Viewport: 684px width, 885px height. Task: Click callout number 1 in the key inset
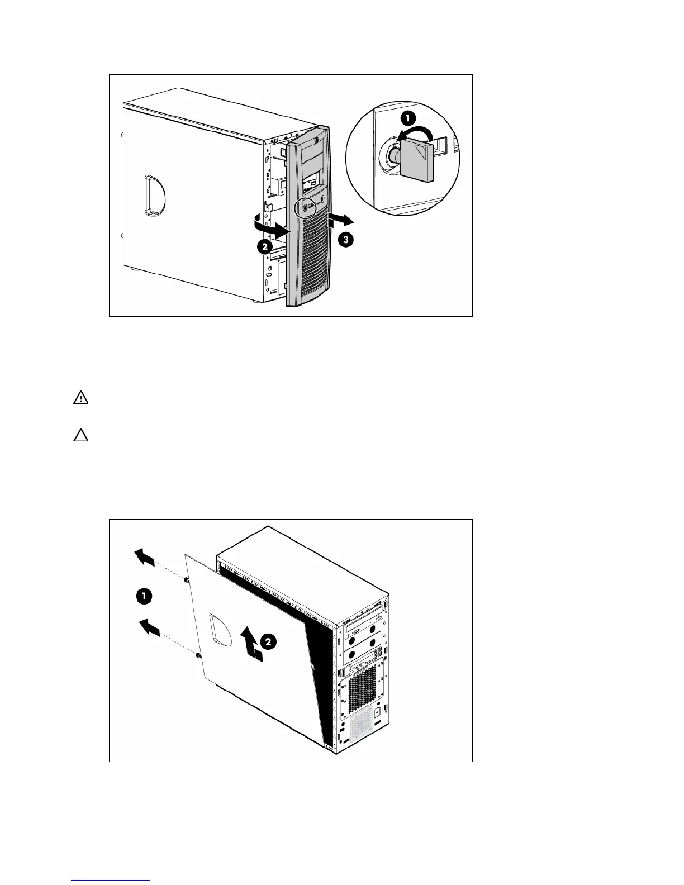(408, 118)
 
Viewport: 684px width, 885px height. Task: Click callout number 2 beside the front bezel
(264, 248)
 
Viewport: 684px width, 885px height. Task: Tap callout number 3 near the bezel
(345, 240)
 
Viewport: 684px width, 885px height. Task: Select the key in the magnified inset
(416, 161)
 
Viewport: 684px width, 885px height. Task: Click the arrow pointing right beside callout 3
(340, 219)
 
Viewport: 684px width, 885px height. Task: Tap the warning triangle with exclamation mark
(81, 398)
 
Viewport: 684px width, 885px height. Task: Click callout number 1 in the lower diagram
(144, 597)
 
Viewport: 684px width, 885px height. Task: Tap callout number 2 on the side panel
(268, 643)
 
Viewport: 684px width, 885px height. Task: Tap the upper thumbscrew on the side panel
(188, 581)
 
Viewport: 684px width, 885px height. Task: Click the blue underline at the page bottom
(111, 881)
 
